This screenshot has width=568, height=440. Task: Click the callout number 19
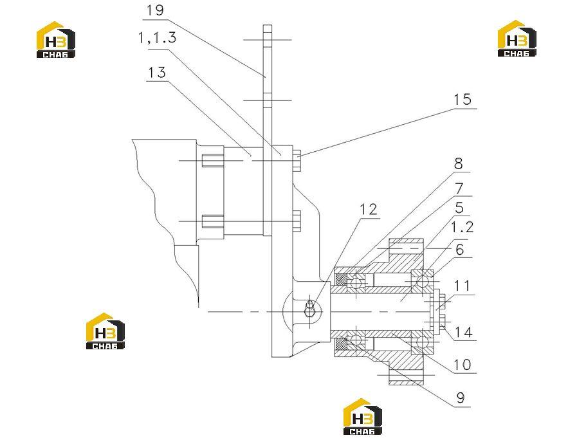pyautogui.click(x=156, y=10)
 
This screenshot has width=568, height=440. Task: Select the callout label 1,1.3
pyautogui.click(x=158, y=37)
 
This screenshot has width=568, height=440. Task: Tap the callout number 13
pyautogui.click(x=157, y=73)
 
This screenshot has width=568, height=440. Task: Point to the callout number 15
pyautogui.click(x=463, y=99)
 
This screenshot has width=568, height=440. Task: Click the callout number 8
pyautogui.click(x=459, y=163)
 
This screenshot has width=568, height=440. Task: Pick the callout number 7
pyautogui.click(x=459, y=188)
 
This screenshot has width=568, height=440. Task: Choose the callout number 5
pyautogui.click(x=459, y=208)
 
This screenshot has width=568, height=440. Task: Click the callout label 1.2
pyautogui.click(x=462, y=227)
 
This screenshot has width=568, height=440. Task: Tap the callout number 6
pyautogui.click(x=460, y=250)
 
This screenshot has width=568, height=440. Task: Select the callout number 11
pyautogui.click(x=463, y=286)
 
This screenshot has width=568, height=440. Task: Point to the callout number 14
pyautogui.click(x=464, y=332)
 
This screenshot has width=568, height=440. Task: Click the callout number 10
pyautogui.click(x=463, y=365)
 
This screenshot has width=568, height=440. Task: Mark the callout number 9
pyautogui.click(x=461, y=398)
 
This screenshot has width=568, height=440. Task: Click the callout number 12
pyautogui.click(x=369, y=209)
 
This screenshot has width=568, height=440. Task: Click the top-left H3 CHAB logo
pyautogui.click(x=56, y=39)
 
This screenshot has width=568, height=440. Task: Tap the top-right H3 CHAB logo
pyautogui.click(x=517, y=39)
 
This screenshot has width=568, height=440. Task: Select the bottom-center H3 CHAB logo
pyautogui.click(x=363, y=416)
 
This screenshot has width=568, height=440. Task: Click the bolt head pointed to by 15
pyautogui.click(x=297, y=160)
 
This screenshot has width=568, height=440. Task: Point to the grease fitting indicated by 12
pyautogui.click(x=309, y=309)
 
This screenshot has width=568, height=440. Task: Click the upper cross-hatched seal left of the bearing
pyautogui.click(x=341, y=279)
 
